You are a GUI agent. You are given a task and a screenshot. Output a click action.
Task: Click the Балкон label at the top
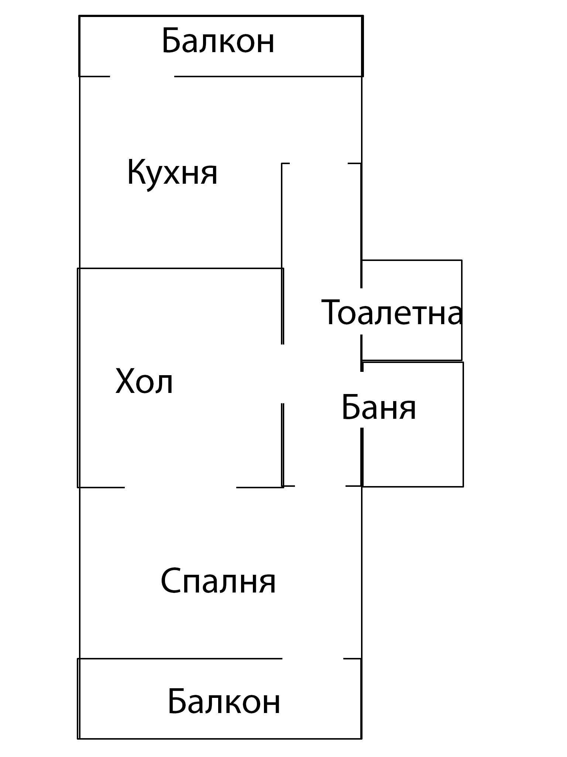click(218, 41)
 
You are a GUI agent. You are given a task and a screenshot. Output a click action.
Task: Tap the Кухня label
click(172, 173)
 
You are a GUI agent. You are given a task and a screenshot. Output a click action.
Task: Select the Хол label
click(144, 381)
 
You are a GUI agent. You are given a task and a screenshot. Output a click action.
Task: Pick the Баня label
click(379, 408)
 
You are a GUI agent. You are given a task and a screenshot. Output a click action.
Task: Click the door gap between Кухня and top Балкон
click(142, 77)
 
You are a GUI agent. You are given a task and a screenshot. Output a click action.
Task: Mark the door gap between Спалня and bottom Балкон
click(313, 658)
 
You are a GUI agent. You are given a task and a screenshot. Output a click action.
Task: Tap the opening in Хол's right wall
click(283, 374)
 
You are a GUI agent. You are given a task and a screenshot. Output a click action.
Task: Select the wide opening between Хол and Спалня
click(181, 488)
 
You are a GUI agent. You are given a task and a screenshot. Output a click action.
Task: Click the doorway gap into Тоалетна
click(361, 311)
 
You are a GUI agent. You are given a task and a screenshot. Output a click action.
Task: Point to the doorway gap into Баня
click(362, 399)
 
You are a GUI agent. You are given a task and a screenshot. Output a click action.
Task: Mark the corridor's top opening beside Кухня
click(319, 163)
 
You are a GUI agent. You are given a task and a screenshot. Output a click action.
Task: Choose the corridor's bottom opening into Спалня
click(320, 486)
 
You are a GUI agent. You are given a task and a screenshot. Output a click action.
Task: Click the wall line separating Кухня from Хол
click(181, 268)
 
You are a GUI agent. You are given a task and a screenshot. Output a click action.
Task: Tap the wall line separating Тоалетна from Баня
click(412, 361)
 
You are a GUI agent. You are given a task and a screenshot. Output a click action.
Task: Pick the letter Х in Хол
click(126, 381)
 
